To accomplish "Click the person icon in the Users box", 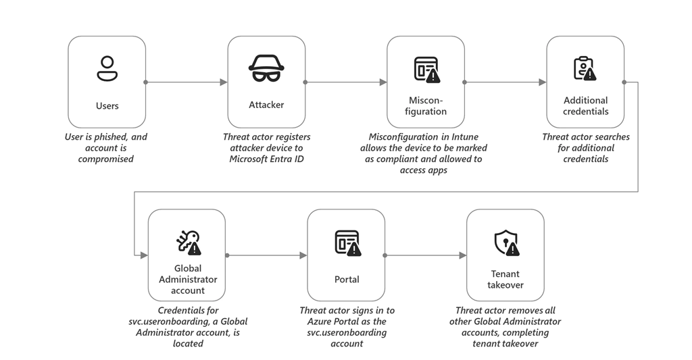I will (107, 69).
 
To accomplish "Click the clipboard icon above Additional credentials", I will (585, 68).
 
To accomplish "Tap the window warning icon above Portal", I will (347, 242).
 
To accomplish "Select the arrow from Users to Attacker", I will (187, 82).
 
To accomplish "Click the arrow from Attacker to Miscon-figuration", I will (346, 82).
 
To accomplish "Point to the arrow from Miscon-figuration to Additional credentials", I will (505, 82).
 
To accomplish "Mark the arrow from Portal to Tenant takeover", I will (426, 255).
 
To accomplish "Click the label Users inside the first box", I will (107, 105).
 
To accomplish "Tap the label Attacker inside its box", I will (266, 105).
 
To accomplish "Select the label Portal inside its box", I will (347, 279).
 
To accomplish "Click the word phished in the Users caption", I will (112, 136).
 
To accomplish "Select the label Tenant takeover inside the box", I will (505, 279).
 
